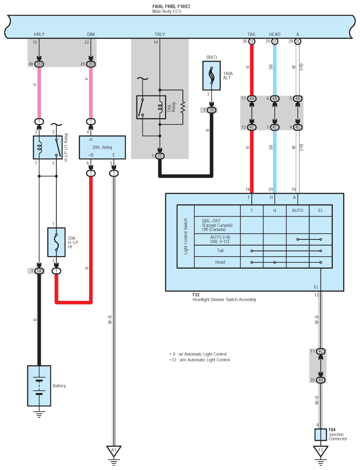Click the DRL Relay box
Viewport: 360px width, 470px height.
click(102, 147)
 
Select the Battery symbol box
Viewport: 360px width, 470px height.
click(39, 386)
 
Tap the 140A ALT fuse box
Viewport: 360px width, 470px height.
click(212, 76)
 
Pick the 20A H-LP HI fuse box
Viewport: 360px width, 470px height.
click(56, 242)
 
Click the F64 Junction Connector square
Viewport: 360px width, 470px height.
click(321, 435)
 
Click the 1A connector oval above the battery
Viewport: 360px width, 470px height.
click(39, 271)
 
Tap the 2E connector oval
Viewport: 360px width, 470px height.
click(159, 156)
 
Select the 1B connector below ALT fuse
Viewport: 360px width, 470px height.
click(212, 110)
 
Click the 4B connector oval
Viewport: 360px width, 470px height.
click(321, 380)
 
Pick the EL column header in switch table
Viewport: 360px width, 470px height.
click(321, 210)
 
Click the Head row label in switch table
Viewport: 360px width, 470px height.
click(220, 262)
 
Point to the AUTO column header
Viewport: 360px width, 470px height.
click(298, 210)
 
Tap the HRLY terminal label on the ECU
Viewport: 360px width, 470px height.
click(39, 34)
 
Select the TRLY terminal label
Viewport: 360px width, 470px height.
click(159, 34)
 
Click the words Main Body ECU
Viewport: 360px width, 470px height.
click(167, 12)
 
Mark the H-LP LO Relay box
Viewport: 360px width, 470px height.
click(48, 147)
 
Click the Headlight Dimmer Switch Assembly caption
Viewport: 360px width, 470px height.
click(225, 300)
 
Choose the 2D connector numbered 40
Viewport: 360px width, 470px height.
click(39, 64)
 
